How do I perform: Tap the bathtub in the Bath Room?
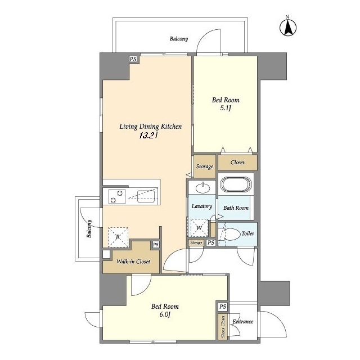pos(236,184)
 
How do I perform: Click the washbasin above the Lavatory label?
pos(202,188)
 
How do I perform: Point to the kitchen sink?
pos(146,196)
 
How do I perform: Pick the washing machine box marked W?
pos(199,228)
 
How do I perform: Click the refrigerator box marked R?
pos(118,237)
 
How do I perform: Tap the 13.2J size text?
pos(148,136)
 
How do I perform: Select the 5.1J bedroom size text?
pos(226,108)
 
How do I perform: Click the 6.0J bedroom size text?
pos(165,314)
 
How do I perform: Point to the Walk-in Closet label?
pos(133,262)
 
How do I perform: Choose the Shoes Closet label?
pos(223,326)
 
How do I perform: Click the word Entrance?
pos(243,321)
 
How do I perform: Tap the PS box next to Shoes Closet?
pos(223,307)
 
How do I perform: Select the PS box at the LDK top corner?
pos(133,59)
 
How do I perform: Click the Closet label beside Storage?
pos(237,163)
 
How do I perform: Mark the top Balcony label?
pos(179,39)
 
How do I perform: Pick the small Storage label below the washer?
pos(196,242)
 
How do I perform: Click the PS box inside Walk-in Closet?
pos(156,245)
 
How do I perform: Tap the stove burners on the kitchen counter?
pos(117,196)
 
